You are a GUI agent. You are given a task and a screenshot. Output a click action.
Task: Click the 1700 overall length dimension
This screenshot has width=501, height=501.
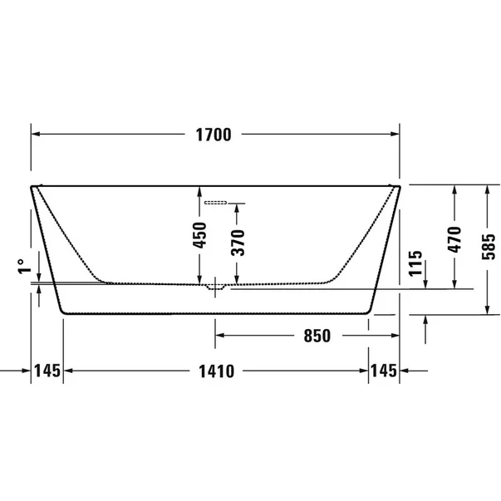click(214, 134)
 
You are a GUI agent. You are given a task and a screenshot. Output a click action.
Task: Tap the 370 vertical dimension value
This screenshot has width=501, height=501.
click(238, 242)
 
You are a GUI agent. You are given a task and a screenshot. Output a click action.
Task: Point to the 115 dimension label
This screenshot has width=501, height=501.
click(416, 263)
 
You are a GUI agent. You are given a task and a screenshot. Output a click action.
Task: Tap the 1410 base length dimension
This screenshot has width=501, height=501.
click(214, 371)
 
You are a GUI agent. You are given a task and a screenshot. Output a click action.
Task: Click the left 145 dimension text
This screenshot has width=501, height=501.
click(48, 371)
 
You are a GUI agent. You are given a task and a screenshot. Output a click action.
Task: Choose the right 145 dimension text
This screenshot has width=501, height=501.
click(383, 371)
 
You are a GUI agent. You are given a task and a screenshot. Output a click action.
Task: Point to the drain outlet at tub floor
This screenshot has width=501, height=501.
click(215, 287)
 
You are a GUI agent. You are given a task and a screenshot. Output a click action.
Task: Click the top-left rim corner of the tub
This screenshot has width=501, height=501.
click(33, 186)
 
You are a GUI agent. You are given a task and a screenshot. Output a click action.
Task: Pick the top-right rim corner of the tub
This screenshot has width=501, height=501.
click(398, 186)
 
